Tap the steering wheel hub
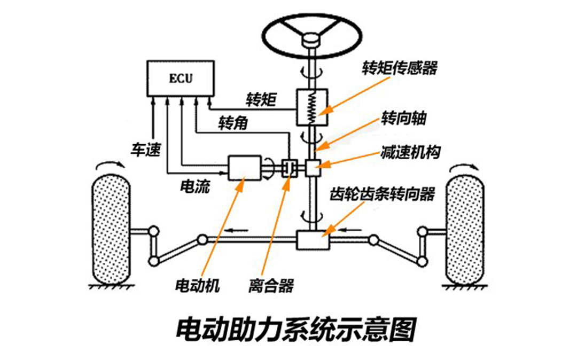click(x=311, y=40)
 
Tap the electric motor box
click(x=245, y=168)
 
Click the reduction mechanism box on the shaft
click(x=312, y=168)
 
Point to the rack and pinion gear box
click(x=313, y=240)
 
